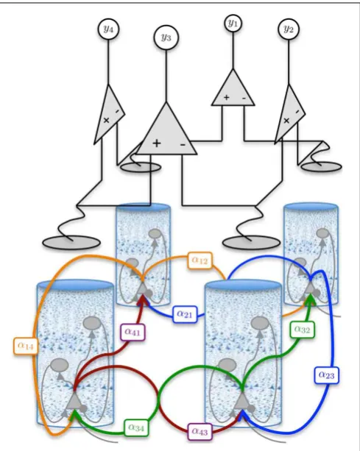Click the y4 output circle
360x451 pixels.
coord(108,29)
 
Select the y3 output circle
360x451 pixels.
coord(166,38)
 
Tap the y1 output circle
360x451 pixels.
coord(233,24)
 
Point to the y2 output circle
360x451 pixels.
coord(289,29)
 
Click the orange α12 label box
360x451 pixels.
coord(200,260)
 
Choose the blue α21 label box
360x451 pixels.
coord(185,314)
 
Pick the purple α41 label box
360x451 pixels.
coord(133,333)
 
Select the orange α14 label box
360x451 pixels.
coord(26,346)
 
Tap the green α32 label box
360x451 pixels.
coord(303,330)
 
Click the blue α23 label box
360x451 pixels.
coord(327,375)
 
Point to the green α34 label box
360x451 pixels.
coord(137,427)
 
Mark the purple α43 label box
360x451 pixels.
coord(200,431)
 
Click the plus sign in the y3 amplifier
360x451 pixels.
coord(157,143)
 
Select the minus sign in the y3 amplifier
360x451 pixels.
coord(183,144)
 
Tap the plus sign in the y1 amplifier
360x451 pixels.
coord(227,98)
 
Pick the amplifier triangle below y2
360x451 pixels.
coord(289,116)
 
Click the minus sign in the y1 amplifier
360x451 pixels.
coord(244,99)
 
